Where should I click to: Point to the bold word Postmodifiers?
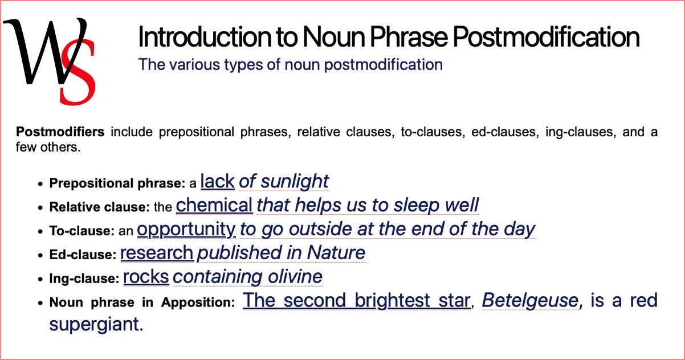click(x=60, y=133)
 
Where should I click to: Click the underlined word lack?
click(x=218, y=181)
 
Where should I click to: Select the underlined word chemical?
click(x=214, y=205)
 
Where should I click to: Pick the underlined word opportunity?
click(x=186, y=229)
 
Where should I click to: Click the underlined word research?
click(x=157, y=252)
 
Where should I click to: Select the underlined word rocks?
click(x=146, y=277)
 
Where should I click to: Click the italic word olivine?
click(x=294, y=277)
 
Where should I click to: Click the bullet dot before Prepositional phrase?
click(x=40, y=185)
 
